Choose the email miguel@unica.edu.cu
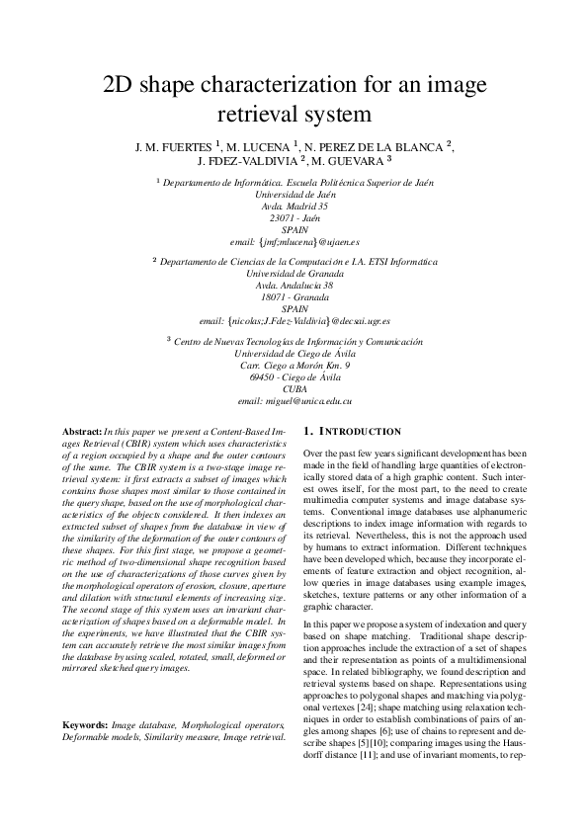[x=294, y=401]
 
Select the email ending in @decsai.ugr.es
[x=294, y=321]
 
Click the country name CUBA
[x=294, y=388]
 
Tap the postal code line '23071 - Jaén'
[x=294, y=217]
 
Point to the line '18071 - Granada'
[x=294, y=296]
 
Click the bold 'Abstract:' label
[x=82, y=433]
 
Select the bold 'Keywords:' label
[x=85, y=724]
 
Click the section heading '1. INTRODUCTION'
[x=353, y=432]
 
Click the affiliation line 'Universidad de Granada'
[x=294, y=273]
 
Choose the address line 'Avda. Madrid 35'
[x=294, y=206]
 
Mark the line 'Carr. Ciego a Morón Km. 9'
[x=294, y=365]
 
